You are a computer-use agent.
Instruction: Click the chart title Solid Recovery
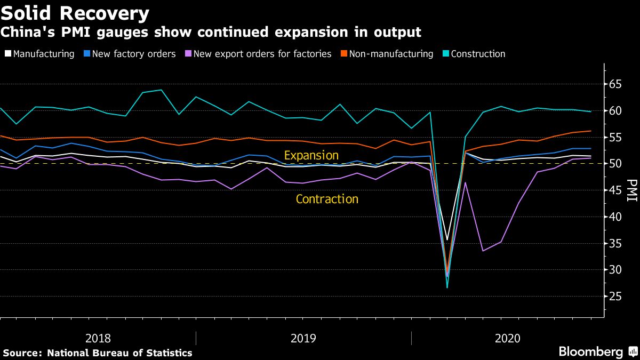75,12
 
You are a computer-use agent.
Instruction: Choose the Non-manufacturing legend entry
388,54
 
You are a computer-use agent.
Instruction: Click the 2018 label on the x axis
98,338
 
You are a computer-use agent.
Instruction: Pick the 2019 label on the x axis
303,338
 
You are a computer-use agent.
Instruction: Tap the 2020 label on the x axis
508,338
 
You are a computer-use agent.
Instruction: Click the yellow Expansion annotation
311,156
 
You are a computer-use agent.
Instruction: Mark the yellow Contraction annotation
327,199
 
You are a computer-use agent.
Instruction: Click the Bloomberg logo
591,352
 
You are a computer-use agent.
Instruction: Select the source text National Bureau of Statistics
119,353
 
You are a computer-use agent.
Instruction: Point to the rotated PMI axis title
632,190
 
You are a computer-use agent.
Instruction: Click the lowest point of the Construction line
447,287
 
